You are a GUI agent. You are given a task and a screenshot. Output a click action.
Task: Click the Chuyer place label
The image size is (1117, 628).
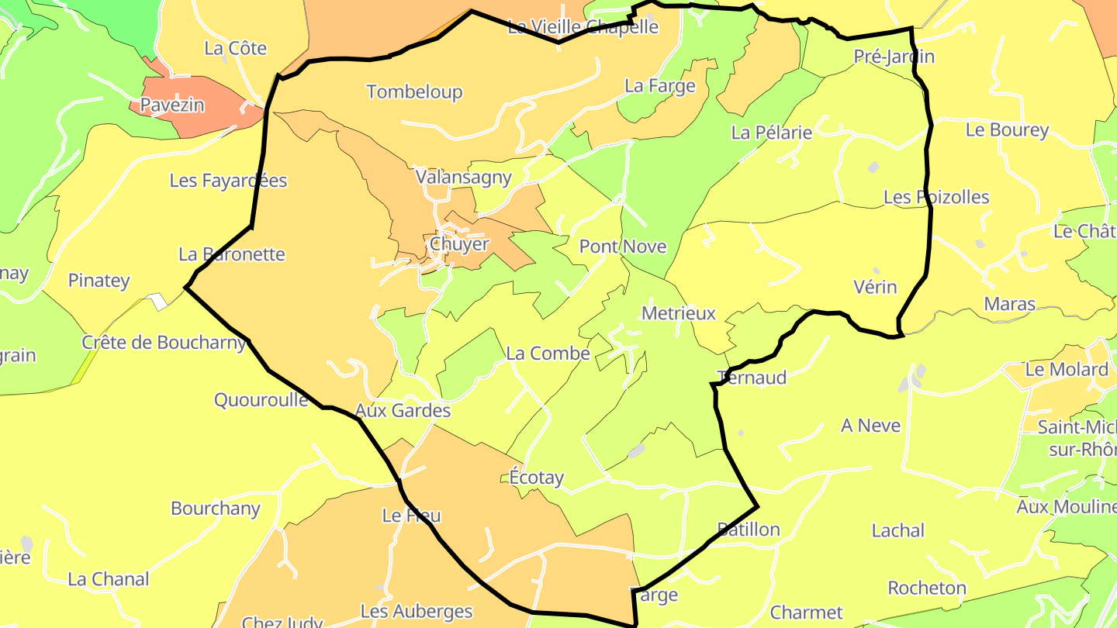(x=459, y=244)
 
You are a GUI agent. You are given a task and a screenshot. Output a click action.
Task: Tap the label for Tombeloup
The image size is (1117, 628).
(x=414, y=91)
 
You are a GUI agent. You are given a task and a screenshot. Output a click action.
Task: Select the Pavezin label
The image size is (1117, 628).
(x=172, y=105)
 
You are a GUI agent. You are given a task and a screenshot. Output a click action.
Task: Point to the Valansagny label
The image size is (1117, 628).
(x=464, y=177)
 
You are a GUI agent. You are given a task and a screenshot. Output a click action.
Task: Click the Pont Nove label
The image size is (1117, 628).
(x=623, y=247)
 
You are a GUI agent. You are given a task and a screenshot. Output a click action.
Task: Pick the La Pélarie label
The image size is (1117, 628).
(x=772, y=133)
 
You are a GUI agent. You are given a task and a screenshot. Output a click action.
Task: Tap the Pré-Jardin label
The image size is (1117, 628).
(x=894, y=56)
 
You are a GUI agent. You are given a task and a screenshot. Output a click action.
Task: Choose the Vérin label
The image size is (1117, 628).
(x=875, y=287)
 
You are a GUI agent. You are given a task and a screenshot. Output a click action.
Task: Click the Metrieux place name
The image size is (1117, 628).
(x=679, y=313)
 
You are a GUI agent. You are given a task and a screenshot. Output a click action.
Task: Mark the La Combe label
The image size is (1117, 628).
(x=548, y=354)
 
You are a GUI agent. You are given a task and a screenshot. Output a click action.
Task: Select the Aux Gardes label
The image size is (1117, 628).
(x=403, y=410)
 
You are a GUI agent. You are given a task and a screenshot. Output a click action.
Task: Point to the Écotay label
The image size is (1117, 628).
(x=537, y=478)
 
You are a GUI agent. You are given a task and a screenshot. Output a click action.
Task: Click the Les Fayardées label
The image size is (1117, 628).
(x=228, y=181)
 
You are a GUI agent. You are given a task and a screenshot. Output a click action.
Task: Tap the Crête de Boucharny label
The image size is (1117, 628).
(x=164, y=342)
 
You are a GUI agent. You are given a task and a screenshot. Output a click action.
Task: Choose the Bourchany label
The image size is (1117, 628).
(x=216, y=509)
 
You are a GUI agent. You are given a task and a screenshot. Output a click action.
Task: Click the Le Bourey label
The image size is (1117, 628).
(x=1007, y=129)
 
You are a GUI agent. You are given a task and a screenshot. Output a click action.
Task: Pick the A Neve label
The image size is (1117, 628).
(x=870, y=426)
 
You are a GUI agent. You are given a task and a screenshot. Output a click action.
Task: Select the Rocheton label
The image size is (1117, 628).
(x=927, y=588)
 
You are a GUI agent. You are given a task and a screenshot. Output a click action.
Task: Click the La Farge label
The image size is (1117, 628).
(x=660, y=85)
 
